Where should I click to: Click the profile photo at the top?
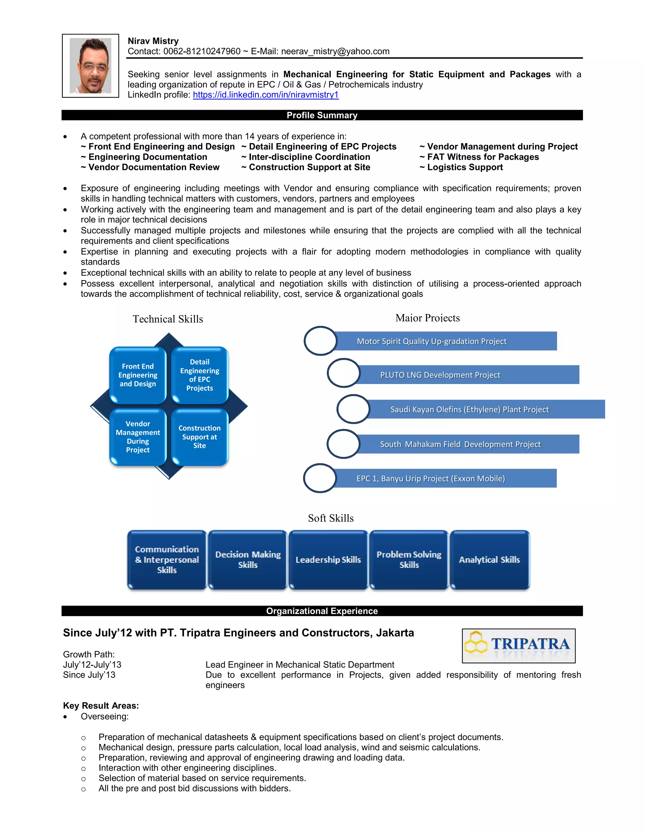pos(91,66)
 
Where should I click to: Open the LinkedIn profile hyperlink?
pos(265,95)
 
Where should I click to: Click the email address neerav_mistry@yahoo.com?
pos(335,51)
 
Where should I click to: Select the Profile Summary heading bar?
pos(322,115)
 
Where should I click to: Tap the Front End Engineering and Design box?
pos(138,375)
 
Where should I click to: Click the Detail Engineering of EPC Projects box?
pos(199,375)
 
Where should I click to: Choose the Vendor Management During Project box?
pos(138,437)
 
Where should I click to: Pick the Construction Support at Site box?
pos(199,437)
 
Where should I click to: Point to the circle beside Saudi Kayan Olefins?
pos(353,409)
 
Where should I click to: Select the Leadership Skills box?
pos(328,560)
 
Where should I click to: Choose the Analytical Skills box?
pos(489,560)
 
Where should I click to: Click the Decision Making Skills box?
pos(248,560)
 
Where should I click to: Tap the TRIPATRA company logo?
pos(518,646)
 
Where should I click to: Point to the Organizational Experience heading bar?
pos(322,611)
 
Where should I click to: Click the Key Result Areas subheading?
pos(101,706)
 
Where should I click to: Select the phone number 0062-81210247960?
pos(202,51)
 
